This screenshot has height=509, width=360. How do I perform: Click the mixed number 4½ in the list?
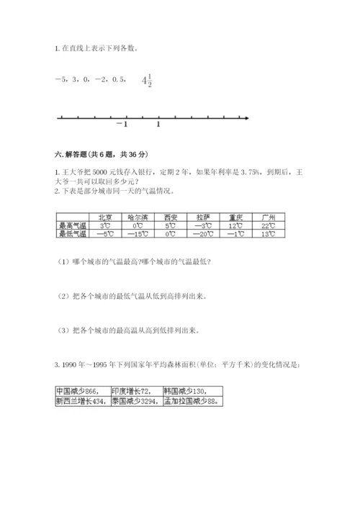[x=148, y=81]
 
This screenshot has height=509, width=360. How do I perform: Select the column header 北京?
[x=104, y=217]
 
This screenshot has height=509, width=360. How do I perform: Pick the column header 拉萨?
[x=202, y=217]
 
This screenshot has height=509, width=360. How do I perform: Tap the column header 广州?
[x=269, y=217]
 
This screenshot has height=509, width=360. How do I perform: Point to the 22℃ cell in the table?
[x=269, y=225]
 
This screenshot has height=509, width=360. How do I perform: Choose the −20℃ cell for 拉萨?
[x=202, y=234]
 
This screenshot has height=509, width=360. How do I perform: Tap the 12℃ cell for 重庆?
[x=235, y=225]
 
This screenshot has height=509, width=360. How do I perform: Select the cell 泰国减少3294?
[x=138, y=402]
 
